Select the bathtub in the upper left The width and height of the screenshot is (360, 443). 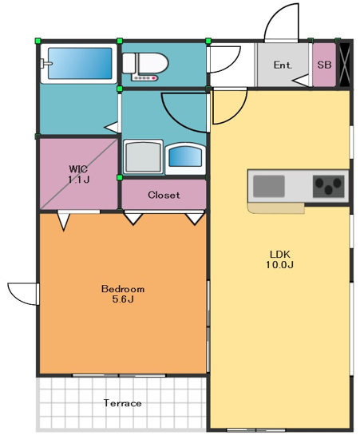[77, 63]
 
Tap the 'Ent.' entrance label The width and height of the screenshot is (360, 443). [283, 65]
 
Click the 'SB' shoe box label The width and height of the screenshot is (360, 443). [323, 65]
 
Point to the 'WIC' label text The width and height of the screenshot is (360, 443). [78, 168]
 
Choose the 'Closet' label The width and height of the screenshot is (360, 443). [164, 195]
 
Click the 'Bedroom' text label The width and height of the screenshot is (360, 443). [122, 288]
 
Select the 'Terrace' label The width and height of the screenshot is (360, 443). [122, 403]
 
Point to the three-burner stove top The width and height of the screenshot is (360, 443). [328, 187]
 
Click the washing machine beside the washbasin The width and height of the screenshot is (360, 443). [144, 156]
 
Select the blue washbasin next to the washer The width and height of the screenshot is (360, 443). [185, 156]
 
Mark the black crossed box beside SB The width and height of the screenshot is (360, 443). [345, 64]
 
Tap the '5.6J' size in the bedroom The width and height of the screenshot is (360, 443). [122, 299]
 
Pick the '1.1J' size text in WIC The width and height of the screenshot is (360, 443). [78, 180]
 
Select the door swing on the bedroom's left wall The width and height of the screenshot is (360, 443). [22, 294]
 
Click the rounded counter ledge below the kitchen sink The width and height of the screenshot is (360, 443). [276, 209]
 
